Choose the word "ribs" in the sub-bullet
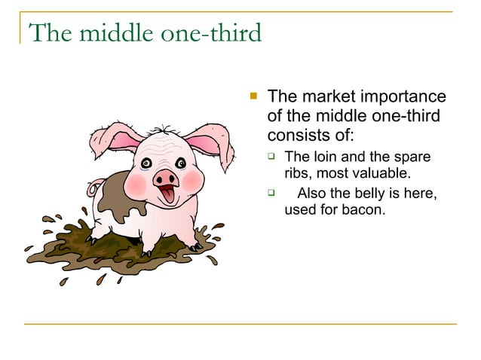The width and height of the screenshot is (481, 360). click(x=297, y=172)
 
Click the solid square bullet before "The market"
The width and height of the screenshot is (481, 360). click(x=253, y=96)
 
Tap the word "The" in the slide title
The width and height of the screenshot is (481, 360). click(x=46, y=34)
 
